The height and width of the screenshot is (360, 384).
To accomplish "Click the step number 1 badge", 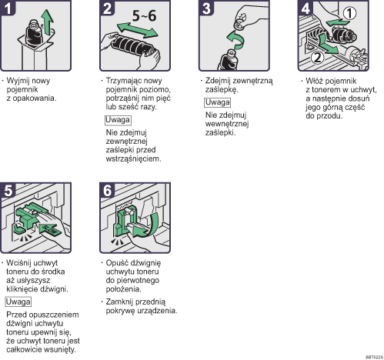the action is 8,8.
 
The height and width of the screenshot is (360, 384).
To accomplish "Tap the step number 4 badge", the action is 306,8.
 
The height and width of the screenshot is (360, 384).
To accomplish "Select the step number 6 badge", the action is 107,190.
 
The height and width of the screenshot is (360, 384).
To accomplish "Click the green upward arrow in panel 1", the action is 48,22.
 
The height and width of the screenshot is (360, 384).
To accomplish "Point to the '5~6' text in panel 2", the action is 144,16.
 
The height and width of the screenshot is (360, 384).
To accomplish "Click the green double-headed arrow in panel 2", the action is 137,30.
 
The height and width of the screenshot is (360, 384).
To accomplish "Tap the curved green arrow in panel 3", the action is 236,40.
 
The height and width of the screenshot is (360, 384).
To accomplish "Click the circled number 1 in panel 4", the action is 349,13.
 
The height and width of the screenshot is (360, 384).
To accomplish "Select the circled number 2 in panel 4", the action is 318,58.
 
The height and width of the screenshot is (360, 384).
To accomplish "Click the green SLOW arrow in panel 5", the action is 50,229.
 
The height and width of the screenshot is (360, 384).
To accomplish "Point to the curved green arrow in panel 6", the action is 148,225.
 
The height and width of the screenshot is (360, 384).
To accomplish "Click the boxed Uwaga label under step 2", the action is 118,120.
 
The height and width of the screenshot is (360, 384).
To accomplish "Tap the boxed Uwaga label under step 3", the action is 217,102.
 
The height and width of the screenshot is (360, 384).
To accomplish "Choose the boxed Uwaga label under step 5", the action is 18,302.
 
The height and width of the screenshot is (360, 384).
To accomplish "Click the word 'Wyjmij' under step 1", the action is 18,81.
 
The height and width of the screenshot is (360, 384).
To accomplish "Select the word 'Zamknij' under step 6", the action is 119,302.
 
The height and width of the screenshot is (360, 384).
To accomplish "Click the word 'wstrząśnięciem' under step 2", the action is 133,159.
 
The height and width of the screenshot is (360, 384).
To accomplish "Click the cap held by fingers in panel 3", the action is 240,22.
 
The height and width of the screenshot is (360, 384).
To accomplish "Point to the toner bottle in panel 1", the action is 35,32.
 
